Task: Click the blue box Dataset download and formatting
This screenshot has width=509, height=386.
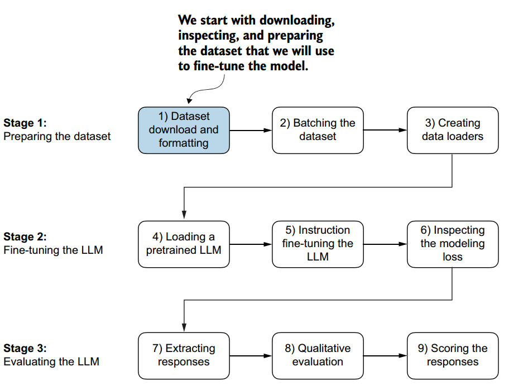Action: (x=184, y=130)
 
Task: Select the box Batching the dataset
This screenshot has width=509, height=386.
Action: (x=318, y=130)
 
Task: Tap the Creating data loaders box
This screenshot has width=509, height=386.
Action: (x=452, y=130)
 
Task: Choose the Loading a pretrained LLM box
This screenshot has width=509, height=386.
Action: (x=184, y=244)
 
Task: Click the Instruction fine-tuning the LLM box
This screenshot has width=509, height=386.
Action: (x=318, y=244)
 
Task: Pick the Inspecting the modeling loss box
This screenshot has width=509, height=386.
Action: (x=452, y=244)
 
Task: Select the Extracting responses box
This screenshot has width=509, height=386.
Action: (x=184, y=355)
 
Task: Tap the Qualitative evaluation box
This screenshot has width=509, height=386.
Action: (x=318, y=355)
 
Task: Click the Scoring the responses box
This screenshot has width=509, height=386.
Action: (x=452, y=355)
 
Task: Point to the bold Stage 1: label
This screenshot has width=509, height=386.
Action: (x=25, y=123)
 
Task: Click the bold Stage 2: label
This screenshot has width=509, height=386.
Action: (x=25, y=237)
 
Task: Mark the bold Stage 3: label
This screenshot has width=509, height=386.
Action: (x=25, y=349)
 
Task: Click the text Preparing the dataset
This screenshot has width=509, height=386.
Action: (x=57, y=136)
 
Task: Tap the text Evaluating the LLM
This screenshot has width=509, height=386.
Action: (x=51, y=362)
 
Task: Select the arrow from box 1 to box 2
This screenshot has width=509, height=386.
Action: (x=251, y=131)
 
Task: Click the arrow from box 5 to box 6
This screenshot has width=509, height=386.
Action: (x=385, y=244)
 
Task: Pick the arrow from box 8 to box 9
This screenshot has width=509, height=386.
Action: (x=385, y=355)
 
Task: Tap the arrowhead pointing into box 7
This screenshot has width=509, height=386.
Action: (x=184, y=329)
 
